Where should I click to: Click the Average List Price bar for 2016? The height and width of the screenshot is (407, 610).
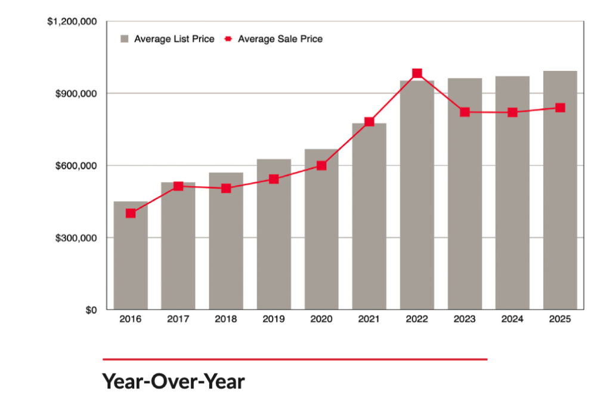(131, 263)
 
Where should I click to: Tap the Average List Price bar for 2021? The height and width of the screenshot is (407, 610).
(369, 227)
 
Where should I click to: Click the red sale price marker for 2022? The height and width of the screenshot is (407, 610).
(417, 73)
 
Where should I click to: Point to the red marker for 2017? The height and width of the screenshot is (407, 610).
(178, 186)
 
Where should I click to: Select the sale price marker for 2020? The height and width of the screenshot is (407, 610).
(321, 166)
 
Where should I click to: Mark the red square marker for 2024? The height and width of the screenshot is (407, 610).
(512, 112)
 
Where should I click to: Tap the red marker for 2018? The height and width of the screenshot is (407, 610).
(226, 189)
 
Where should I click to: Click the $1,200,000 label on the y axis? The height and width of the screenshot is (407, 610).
(72, 22)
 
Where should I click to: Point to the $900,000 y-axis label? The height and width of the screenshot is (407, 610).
(77, 94)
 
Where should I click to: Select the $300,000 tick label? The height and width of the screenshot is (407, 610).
(77, 238)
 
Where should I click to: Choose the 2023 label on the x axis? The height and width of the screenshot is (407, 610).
(465, 319)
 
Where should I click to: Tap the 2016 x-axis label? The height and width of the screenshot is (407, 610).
(131, 319)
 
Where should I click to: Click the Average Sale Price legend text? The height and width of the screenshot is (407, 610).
(280, 39)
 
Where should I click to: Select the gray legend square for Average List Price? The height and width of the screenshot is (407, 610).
(125, 39)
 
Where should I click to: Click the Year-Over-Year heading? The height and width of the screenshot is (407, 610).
(174, 381)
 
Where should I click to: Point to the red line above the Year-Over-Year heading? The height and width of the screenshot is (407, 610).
(295, 359)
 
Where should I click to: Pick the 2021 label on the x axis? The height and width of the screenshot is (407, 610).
(369, 319)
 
